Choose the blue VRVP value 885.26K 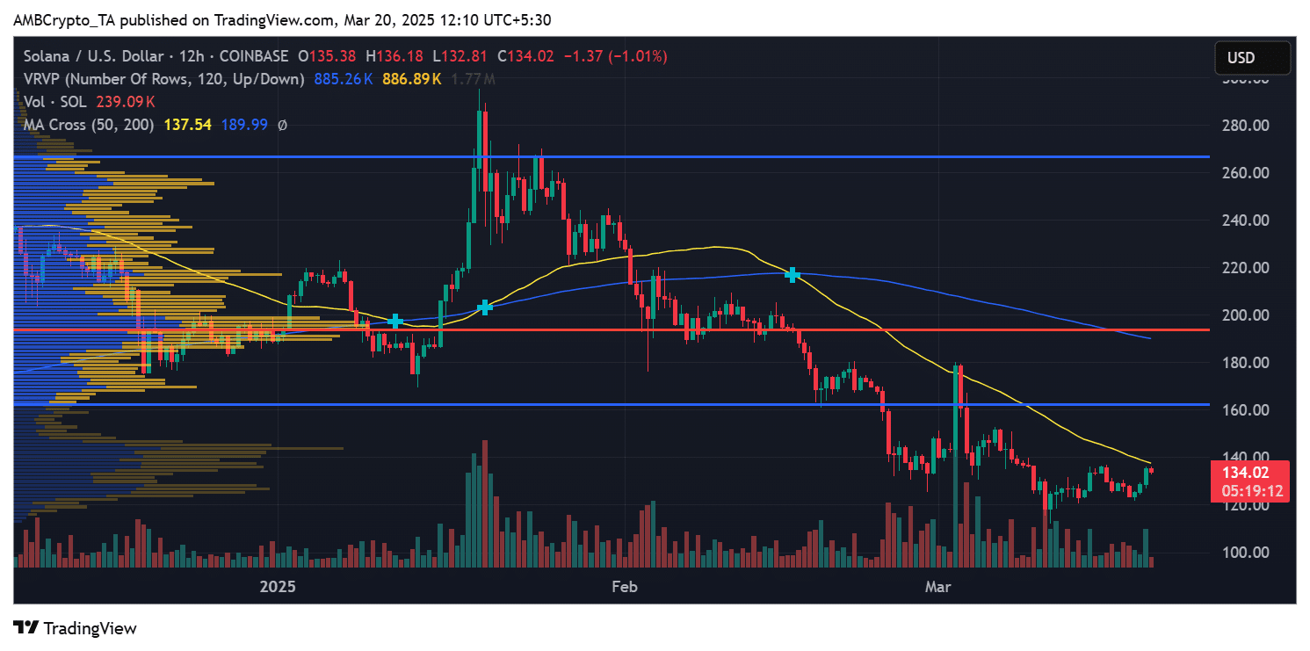[343, 79]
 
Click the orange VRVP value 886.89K [411, 79]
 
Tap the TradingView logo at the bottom [76, 628]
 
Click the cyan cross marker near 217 [793, 274]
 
